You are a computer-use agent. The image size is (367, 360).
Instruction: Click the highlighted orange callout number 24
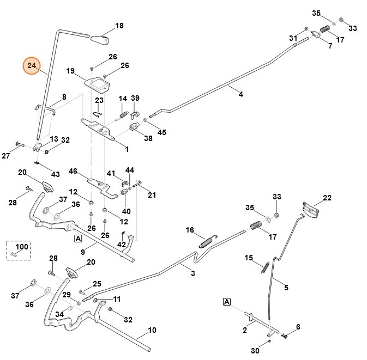32,66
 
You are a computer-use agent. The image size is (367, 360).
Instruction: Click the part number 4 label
240,94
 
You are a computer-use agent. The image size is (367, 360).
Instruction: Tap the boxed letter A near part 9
78,239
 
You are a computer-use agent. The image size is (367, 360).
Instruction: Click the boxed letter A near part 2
226,302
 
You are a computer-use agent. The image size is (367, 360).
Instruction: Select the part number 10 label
152,330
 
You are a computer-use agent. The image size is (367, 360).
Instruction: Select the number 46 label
73,171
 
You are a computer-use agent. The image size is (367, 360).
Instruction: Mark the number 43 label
55,174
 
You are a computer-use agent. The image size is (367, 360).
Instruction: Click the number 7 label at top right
329,46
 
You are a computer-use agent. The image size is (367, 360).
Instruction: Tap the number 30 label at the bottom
255,351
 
